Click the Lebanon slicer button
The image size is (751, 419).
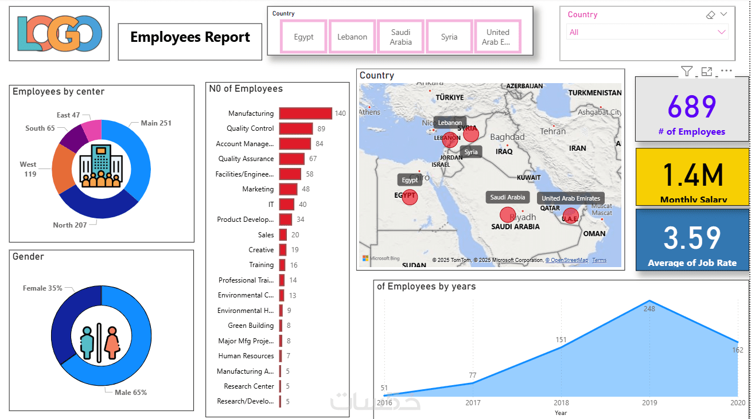click(352, 37)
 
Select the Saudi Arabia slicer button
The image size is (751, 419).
click(400, 37)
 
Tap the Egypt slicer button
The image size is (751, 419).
click(303, 37)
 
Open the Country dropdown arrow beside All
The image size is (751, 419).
click(721, 33)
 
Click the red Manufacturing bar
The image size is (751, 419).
click(305, 113)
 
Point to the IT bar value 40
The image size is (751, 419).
click(303, 205)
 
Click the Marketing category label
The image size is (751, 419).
click(258, 189)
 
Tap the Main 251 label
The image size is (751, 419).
click(156, 123)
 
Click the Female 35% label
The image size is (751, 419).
click(42, 288)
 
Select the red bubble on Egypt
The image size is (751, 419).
click(410, 197)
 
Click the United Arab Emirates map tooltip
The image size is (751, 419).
click(571, 198)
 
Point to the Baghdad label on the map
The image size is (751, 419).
click(507, 137)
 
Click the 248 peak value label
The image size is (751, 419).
click(649, 309)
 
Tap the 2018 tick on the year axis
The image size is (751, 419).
click(561, 403)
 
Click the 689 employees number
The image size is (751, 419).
click(692, 107)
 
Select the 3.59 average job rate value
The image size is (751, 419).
click(692, 238)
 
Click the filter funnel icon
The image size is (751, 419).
click(686, 71)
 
